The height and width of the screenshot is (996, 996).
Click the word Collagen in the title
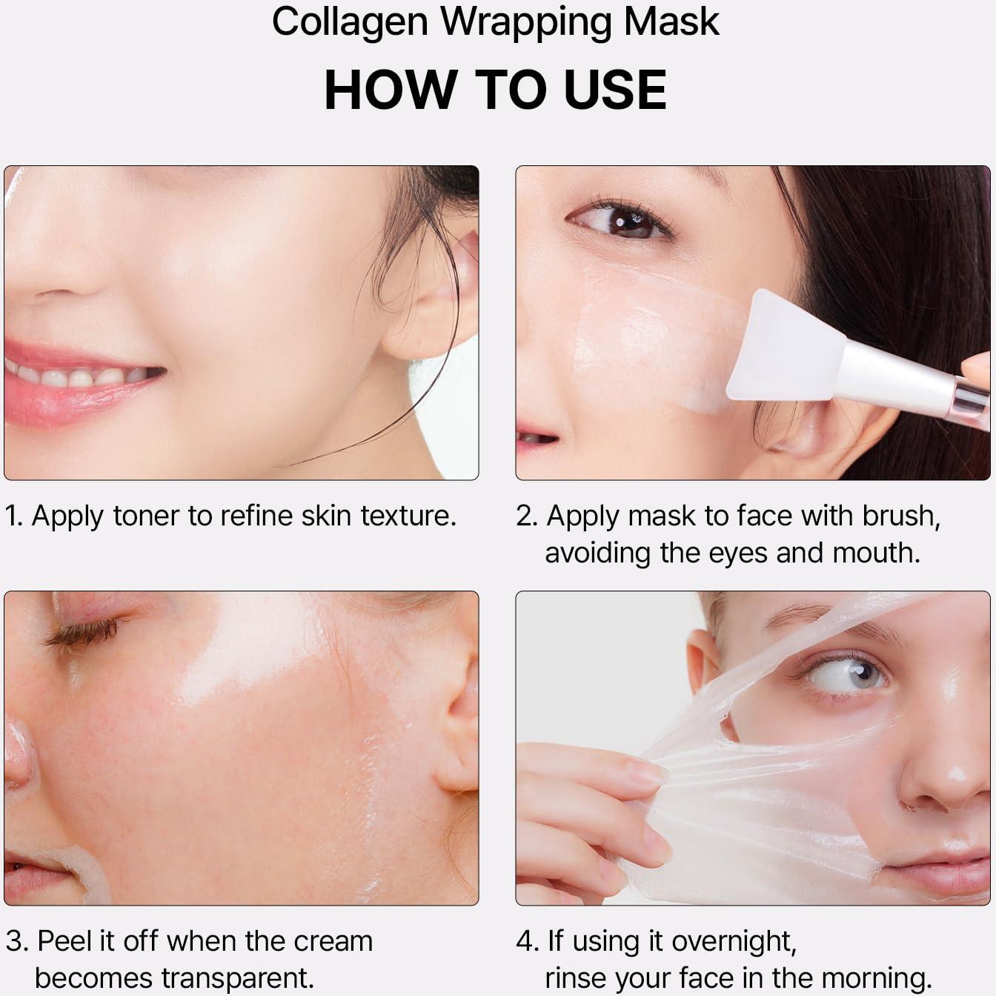(349, 22)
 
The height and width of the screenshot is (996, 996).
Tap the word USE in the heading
(614, 90)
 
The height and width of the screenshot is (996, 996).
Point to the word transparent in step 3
(236, 977)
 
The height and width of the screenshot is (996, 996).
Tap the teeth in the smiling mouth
(82, 376)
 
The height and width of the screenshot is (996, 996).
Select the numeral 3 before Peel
(15, 941)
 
